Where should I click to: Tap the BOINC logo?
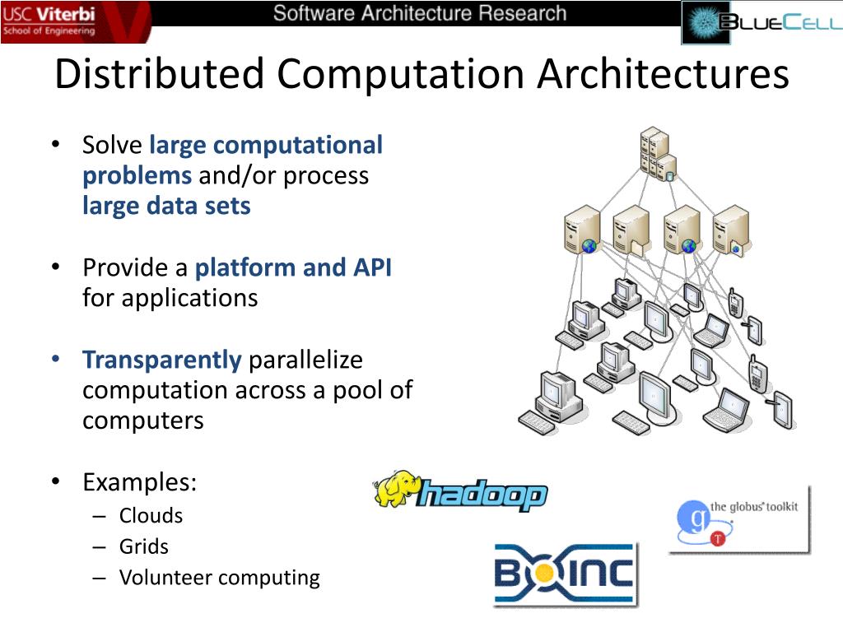tap(565, 573)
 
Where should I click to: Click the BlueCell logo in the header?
tap(761, 22)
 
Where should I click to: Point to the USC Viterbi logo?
tap(51, 21)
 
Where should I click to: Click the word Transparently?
tap(161, 360)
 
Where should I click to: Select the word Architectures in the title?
tap(664, 74)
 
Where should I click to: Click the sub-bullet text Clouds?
tap(151, 516)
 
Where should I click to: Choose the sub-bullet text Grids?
tap(143, 546)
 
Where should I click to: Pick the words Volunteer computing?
tap(219, 578)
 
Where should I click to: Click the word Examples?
tap(139, 482)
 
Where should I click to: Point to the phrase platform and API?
tap(293, 267)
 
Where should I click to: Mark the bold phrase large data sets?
tap(166, 206)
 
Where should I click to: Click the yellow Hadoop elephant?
tap(397, 489)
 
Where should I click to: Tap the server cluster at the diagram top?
tap(658, 153)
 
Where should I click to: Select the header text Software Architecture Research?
tap(420, 13)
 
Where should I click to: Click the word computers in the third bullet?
tap(142, 421)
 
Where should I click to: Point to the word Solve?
tap(112, 146)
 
